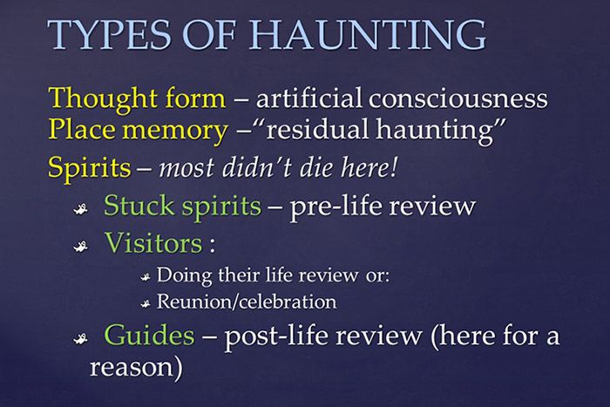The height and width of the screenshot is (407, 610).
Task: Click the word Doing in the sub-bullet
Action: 181,276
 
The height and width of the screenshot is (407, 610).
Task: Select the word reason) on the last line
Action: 136,367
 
